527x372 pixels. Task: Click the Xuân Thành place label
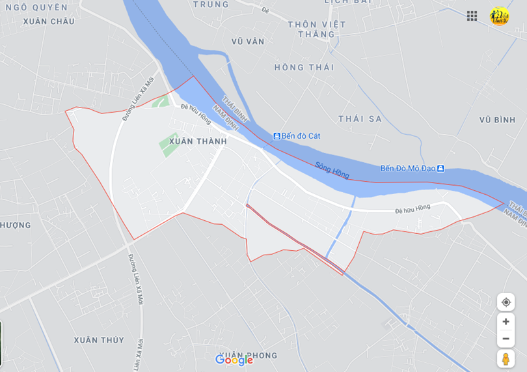(198, 141)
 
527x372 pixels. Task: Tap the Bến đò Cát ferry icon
(277, 136)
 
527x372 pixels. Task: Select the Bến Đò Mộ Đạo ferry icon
(440, 168)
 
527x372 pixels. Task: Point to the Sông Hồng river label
(332, 170)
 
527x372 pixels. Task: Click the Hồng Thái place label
(304, 68)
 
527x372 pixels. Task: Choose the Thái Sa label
(360, 119)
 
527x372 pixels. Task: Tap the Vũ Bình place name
(497, 120)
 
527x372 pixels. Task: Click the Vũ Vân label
(248, 42)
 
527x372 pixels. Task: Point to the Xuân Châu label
(48, 21)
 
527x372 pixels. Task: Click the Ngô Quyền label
(36, 7)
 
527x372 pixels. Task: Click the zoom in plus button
(506, 321)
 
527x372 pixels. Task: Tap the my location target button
(506, 302)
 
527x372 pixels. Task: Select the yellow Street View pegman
(506, 359)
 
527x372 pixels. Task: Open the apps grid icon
(472, 16)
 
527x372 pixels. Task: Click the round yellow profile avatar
(500, 16)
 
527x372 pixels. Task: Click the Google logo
(234, 360)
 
